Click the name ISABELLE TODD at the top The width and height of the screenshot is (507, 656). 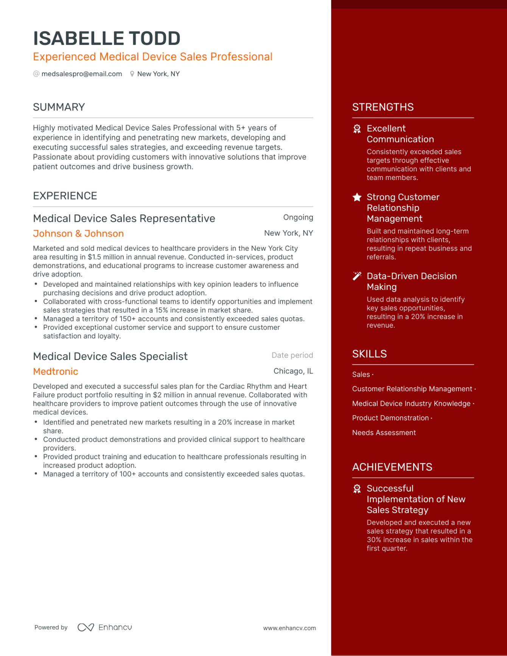(107, 39)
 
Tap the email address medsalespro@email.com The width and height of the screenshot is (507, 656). (82, 74)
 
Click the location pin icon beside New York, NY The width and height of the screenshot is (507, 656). (132, 74)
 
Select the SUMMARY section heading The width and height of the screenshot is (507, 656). (59, 107)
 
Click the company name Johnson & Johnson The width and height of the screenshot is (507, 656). (78, 234)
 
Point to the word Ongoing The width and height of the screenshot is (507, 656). (298, 217)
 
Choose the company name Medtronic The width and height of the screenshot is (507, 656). (56, 372)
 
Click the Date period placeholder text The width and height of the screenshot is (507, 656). (292, 355)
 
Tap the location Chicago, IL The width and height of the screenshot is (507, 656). (293, 371)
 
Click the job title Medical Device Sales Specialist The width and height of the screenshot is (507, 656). (110, 357)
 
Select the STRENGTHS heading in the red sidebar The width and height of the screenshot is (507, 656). (383, 107)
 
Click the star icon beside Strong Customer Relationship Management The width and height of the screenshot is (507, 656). (357, 197)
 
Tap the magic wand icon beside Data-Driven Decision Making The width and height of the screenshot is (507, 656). (357, 276)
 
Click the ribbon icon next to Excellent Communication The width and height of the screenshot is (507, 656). (357, 129)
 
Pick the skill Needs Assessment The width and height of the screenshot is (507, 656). (384, 433)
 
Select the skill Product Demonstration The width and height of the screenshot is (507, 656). (390, 418)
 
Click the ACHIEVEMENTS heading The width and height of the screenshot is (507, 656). (392, 467)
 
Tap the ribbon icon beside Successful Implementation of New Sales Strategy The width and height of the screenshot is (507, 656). (357, 489)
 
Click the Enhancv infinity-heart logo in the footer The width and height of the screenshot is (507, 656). (86, 628)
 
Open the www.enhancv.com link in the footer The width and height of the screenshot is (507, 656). (289, 628)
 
